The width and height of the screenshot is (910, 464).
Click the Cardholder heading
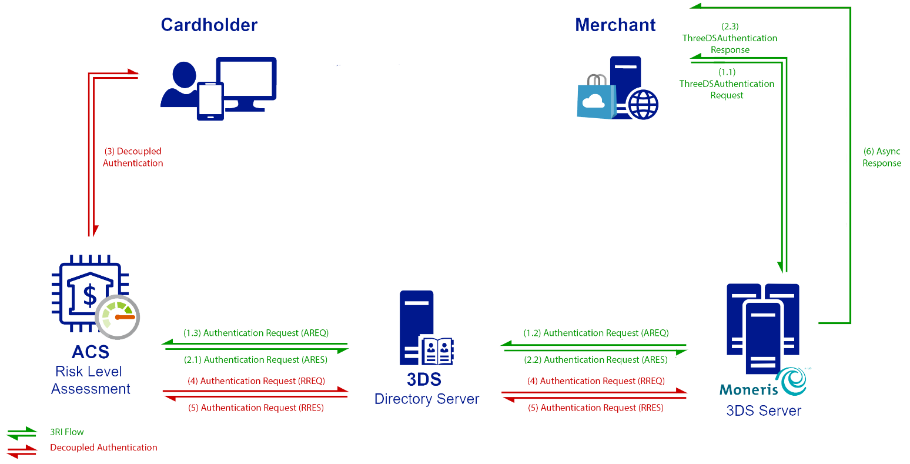coord(209,25)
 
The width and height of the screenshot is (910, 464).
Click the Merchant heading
coord(615,25)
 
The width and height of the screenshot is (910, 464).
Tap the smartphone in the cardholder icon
coord(210,101)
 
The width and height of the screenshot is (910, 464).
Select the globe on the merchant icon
coord(643,105)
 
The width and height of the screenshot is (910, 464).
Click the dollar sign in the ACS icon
coord(90,295)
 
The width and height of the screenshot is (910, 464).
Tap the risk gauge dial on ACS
coord(118,317)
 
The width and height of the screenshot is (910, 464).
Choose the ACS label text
coord(91,352)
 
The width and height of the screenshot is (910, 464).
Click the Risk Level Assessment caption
coord(91,380)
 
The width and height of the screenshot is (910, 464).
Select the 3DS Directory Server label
coord(426,389)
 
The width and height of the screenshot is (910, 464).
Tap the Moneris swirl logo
coord(791,382)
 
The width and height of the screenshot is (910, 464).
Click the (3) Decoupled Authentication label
coord(133,157)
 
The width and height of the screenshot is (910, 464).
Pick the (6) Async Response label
coord(881,157)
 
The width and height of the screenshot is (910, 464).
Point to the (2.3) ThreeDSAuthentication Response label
coord(730,38)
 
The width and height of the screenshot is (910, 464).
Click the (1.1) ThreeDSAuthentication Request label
coord(727,84)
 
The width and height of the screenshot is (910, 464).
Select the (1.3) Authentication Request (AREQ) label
coord(256,333)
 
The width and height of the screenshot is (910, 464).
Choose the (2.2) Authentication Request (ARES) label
coord(596,360)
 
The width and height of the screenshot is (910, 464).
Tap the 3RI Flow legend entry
coord(66,432)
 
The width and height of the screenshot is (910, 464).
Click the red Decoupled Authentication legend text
coord(103,448)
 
